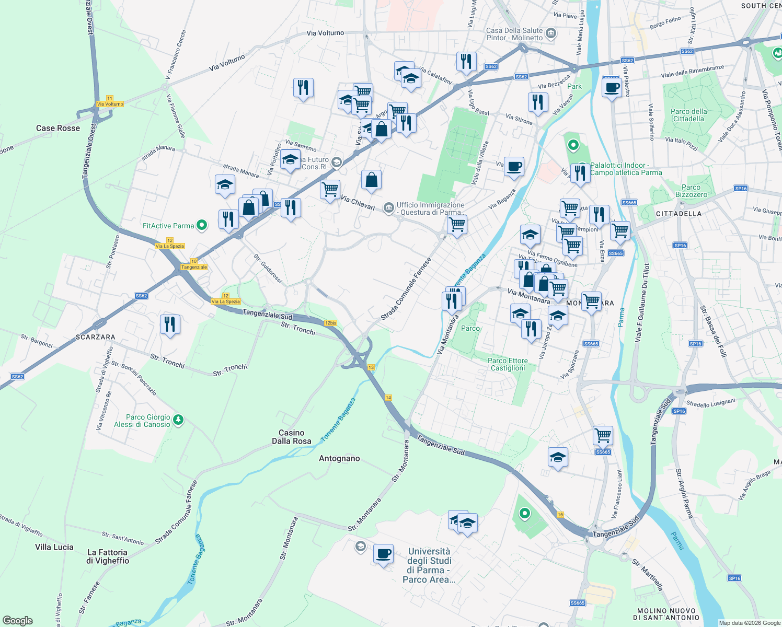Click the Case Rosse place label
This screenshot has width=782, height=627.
click(x=58, y=128)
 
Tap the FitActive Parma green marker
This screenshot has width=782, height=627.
click(x=201, y=226)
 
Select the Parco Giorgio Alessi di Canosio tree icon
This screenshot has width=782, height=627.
click(x=178, y=420)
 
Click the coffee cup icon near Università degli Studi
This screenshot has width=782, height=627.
click(x=383, y=553)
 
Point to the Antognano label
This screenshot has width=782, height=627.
click(x=339, y=458)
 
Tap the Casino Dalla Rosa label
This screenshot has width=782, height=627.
click(x=291, y=437)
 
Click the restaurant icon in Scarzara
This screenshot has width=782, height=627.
click(x=170, y=324)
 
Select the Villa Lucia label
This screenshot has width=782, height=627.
click(x=54, y=547)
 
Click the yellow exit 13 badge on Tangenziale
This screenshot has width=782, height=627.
click(x=371, y=367)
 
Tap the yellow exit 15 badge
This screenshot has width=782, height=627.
click(x=560, y=515)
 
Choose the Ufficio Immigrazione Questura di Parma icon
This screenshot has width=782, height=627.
click(x=388, y=208)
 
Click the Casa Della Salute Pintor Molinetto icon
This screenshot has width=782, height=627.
click(x=550, y=34)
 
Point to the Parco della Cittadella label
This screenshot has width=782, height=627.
click(x=688, y=115)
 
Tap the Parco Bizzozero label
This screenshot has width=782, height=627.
click(x=691, y=191)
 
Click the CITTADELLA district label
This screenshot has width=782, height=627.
click(x=678, y=214)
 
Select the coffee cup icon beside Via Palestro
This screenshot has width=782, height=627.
click(x=611, y=87)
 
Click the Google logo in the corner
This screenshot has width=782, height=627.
click(x=17, y=621)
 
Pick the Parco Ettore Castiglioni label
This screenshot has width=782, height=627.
click(x=508, y=364)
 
